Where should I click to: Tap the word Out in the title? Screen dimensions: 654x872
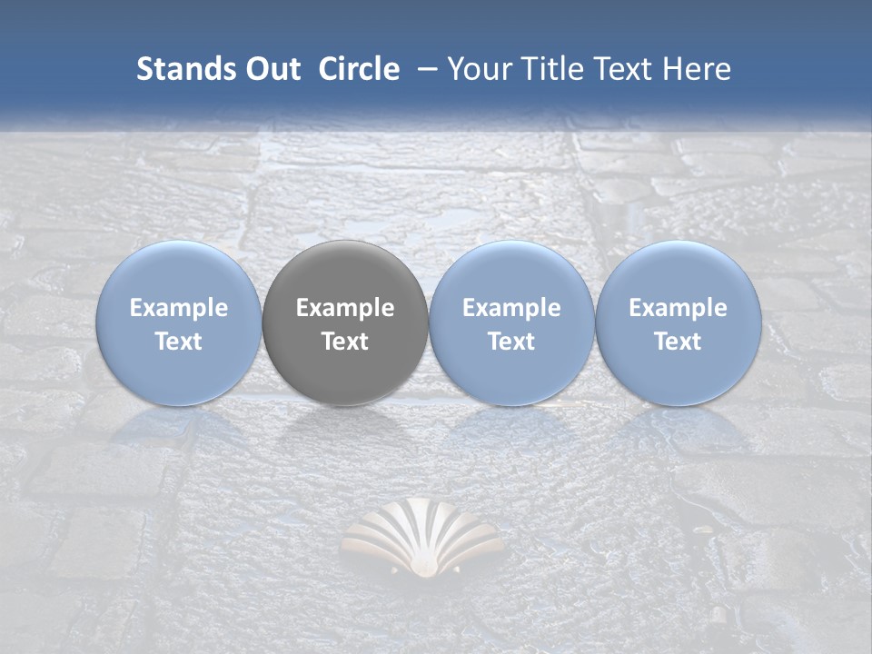[272, 69]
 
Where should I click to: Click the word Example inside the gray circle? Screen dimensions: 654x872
[345, 308]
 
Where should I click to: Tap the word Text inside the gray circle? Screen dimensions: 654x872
[345, 342]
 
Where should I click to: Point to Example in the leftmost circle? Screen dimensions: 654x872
[179, 308]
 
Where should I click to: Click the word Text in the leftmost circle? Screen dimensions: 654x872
[179, 342]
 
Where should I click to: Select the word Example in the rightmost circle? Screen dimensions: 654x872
[679, 308]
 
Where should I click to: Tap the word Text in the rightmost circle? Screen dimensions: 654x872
[679, 342]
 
